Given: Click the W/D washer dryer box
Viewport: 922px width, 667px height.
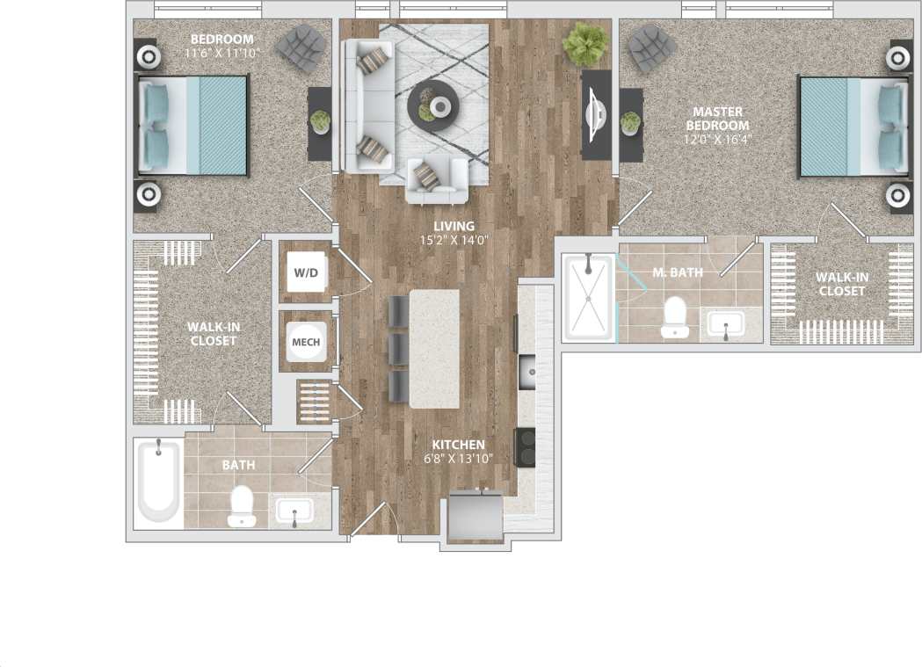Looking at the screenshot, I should [x=306, y=272].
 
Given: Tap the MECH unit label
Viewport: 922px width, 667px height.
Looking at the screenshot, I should [x=306, y=342].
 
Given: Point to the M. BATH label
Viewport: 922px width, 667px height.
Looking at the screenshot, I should [x=677, y=272].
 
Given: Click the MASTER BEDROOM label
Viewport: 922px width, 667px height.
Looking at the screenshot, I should [x=717, y=119].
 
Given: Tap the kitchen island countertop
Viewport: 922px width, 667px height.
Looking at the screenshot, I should [x=434, y=348].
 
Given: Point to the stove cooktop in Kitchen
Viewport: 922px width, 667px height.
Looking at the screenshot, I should [x=526, y=446].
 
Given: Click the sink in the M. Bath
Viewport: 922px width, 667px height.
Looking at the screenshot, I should [x=726, y=324].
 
